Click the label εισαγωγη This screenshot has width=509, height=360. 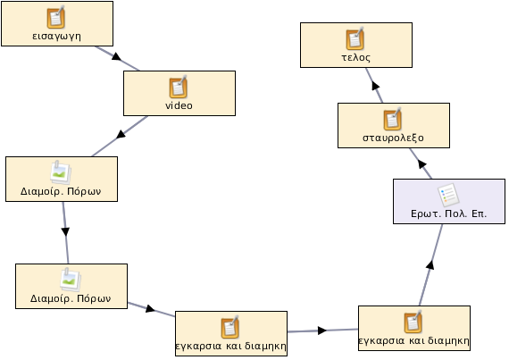point(57,36)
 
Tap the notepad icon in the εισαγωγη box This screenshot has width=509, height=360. point(56,17)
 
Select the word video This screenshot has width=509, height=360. point(179,105)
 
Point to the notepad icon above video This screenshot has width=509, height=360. point(179,87)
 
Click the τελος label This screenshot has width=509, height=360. point(355,57)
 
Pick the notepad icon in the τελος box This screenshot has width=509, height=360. point(355,38)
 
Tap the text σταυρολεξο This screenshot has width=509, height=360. point(393,138)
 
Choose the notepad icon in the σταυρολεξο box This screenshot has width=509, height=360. point(392,119)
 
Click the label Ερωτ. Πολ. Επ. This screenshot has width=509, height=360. point(449,213)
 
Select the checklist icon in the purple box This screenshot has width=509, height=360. point(448,195)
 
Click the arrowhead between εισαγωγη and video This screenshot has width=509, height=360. point(116,57)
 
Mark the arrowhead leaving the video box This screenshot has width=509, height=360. point(121,134)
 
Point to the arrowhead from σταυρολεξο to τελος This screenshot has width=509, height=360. point(376,86)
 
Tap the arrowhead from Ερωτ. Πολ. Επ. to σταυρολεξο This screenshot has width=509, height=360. point(421,164)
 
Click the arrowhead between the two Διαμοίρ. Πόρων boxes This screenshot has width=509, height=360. point(65,231)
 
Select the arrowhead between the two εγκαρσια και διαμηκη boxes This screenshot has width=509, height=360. point(322,331)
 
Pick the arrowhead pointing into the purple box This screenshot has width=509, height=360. point(430,264)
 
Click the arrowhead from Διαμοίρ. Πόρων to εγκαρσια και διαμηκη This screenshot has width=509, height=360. point(150,308)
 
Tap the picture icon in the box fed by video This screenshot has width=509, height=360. point(61,172)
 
